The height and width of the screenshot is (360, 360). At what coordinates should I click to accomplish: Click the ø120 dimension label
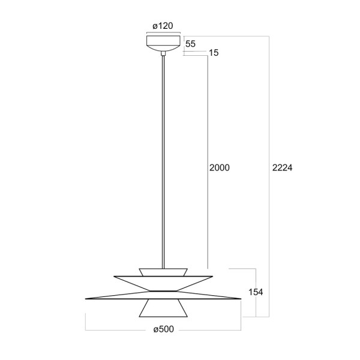click(x=163, y=26)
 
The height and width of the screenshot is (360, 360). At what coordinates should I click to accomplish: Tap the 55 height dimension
click(x=191, y=44)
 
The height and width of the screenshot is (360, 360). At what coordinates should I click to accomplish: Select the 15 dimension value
click(x=214, y=53)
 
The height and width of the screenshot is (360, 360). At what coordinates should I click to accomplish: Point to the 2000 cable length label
click(x=220, y=168)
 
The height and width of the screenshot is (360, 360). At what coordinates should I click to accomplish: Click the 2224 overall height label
click(x=283, y=168)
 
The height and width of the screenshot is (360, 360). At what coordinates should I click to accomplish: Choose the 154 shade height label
click(x=256, y=292)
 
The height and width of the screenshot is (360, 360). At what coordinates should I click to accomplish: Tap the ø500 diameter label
click(x=163, y=329)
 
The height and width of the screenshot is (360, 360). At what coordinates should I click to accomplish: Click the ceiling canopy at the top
click(x=163, y=43)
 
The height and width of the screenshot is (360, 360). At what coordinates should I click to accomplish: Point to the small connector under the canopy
click(x=163, y=53)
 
